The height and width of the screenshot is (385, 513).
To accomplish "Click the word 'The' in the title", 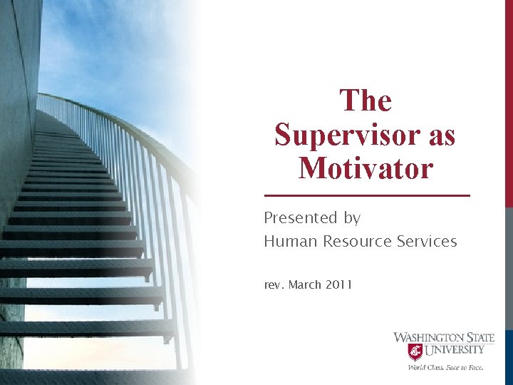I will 366,101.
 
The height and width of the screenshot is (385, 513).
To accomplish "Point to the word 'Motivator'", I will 366,168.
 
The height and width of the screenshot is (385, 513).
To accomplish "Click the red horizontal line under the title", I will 367,195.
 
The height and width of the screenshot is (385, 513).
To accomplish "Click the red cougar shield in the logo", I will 415,351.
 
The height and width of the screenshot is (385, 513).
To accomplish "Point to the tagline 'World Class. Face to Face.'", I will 445,367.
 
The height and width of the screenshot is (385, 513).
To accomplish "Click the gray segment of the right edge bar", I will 509,271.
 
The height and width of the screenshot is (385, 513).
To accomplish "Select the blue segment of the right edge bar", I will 509,356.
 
